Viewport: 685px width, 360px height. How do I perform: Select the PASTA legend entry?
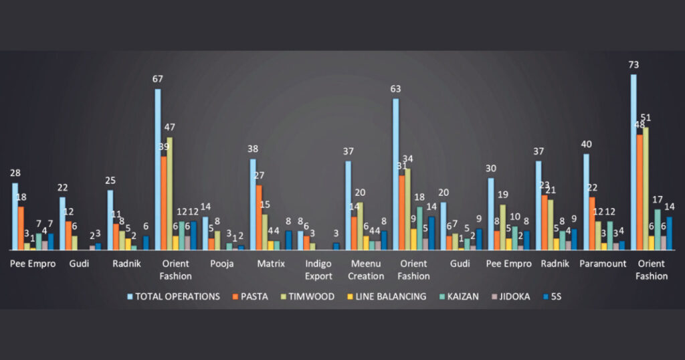coord(252,296)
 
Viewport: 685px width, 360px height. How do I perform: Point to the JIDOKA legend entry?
coord(510,296)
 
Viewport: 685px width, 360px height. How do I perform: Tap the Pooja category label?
coord(221,264)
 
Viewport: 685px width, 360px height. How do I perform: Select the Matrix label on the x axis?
coord(271,264)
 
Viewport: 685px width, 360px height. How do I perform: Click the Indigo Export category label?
coord(318,270)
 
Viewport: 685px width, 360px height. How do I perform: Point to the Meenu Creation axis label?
coord(366,270)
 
